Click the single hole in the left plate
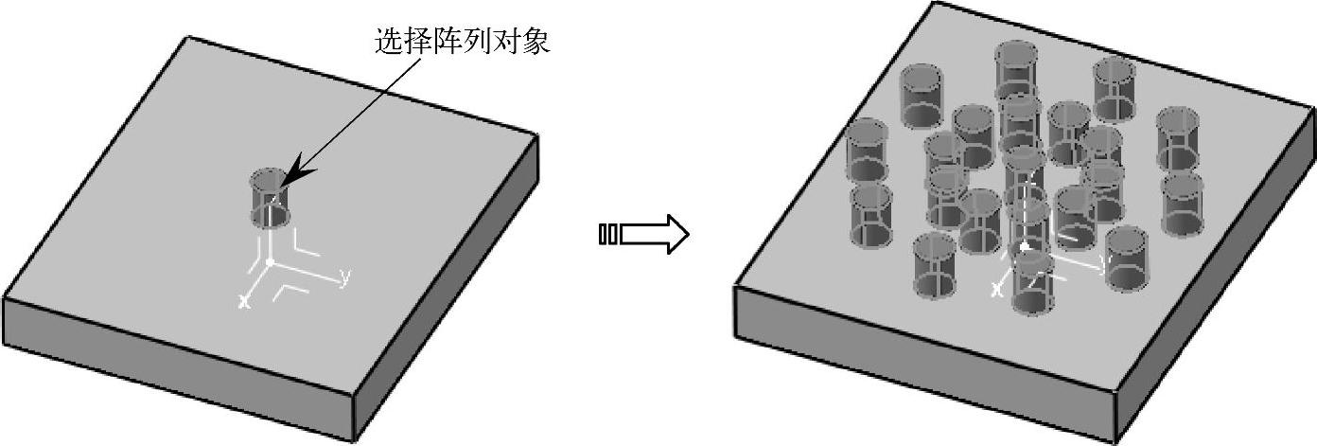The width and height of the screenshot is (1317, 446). pyautogui.click(x=269, y=199)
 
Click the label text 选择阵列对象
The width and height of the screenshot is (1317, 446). pyautogui.click(x=462, y=42)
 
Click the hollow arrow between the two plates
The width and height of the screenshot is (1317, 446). pyautogui.click(x=653, y=234)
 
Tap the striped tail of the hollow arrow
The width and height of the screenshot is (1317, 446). pyautogui.click(x=608, y=234)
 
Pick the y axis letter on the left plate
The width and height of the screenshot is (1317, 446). pyautogui.click(x=345, y=277)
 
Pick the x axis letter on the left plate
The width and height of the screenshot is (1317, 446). pyautogui.click(x=243, y=301)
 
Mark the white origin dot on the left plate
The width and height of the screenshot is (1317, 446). pyautogui.click(x=270, y=261)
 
